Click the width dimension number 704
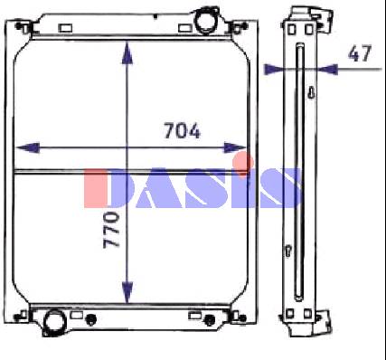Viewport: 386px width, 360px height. pyautogui.click(x=182, y=130)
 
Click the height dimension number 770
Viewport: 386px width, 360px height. pyautogui.click(x=111, y=230)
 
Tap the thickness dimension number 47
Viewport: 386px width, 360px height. pyautogui.click(x=360, y=53)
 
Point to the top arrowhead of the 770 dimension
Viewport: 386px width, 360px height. pyautogui.click(x=127, y=52)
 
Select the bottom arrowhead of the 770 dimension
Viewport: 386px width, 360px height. pyautogui.click(x=127, y=291)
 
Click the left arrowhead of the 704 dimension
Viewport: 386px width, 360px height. pyautogui.click(x=28, y=147)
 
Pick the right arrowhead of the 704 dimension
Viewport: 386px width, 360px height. pyautogui.click(x=235, y=147)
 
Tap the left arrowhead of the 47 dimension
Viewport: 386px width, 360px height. pyautogui.click(x=274, y=70)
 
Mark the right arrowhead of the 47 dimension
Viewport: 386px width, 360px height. pyautogui.click(x=328, y=70)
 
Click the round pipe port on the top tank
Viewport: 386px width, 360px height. pyautogui.click(x=204, y=21)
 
